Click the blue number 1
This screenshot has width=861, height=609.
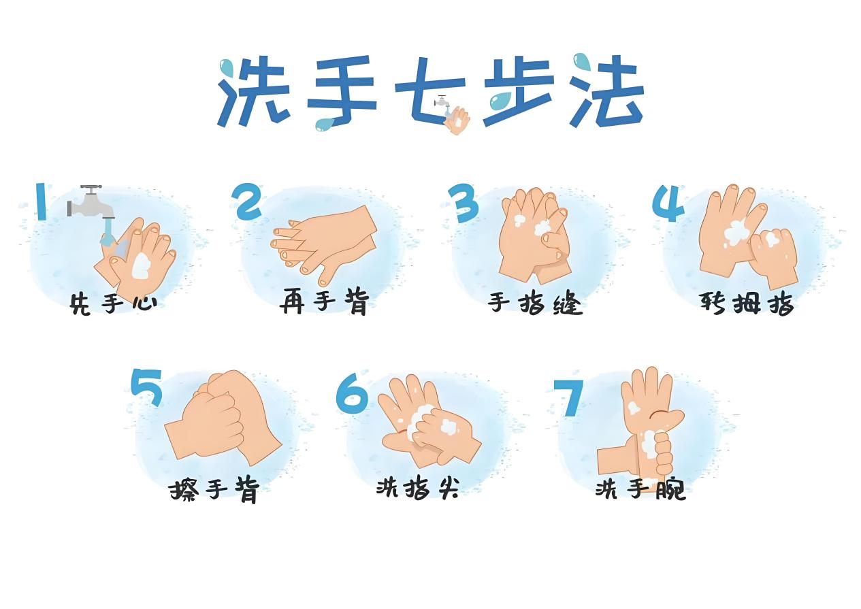click(42, 201)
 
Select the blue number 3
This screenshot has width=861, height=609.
click(464, 203)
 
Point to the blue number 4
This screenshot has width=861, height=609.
click(668, 203)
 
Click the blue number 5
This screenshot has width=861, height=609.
click(146, 387)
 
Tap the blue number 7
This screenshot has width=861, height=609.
click(570, 397)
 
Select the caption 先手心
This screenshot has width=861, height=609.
click(113, 304)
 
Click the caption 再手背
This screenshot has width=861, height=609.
click(324, 301)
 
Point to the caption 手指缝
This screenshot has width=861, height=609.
click(535, 303)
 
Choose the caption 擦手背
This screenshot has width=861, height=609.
click(214, 489)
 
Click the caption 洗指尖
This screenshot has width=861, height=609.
click(417, 488)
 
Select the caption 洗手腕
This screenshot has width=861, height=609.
click(640, 489)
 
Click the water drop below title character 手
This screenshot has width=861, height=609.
click(324, 125)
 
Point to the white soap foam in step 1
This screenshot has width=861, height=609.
click(141, 266)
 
